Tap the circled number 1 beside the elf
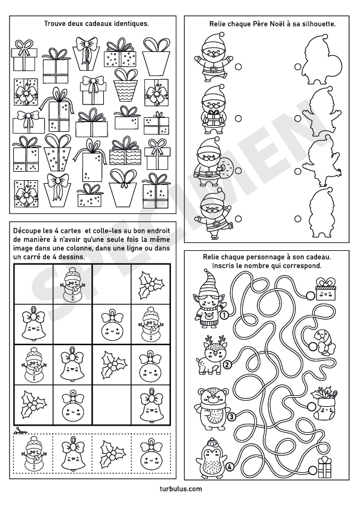coord(223,315)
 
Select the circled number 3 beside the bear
coord(231,416)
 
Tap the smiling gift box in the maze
coord(326,288)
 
